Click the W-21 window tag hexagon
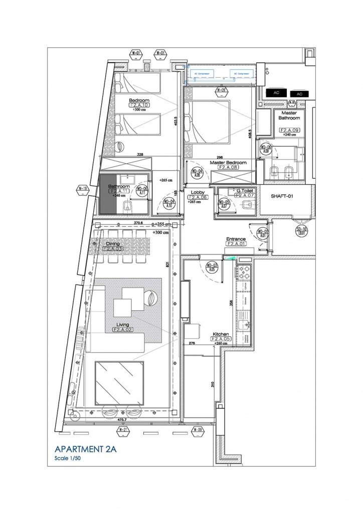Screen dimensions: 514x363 point(122,430)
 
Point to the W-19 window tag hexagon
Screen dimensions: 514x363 point(82,189)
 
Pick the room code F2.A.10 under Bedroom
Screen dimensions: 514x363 point(139,105)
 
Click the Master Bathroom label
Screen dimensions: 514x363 point(289,115)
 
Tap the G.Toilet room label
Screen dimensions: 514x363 point(246,191)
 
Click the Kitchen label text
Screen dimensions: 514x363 point(221,334)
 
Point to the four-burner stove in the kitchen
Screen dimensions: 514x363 point(246,276)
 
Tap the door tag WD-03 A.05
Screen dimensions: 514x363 point(212,267)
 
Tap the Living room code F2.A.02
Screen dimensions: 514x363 point(122,330)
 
